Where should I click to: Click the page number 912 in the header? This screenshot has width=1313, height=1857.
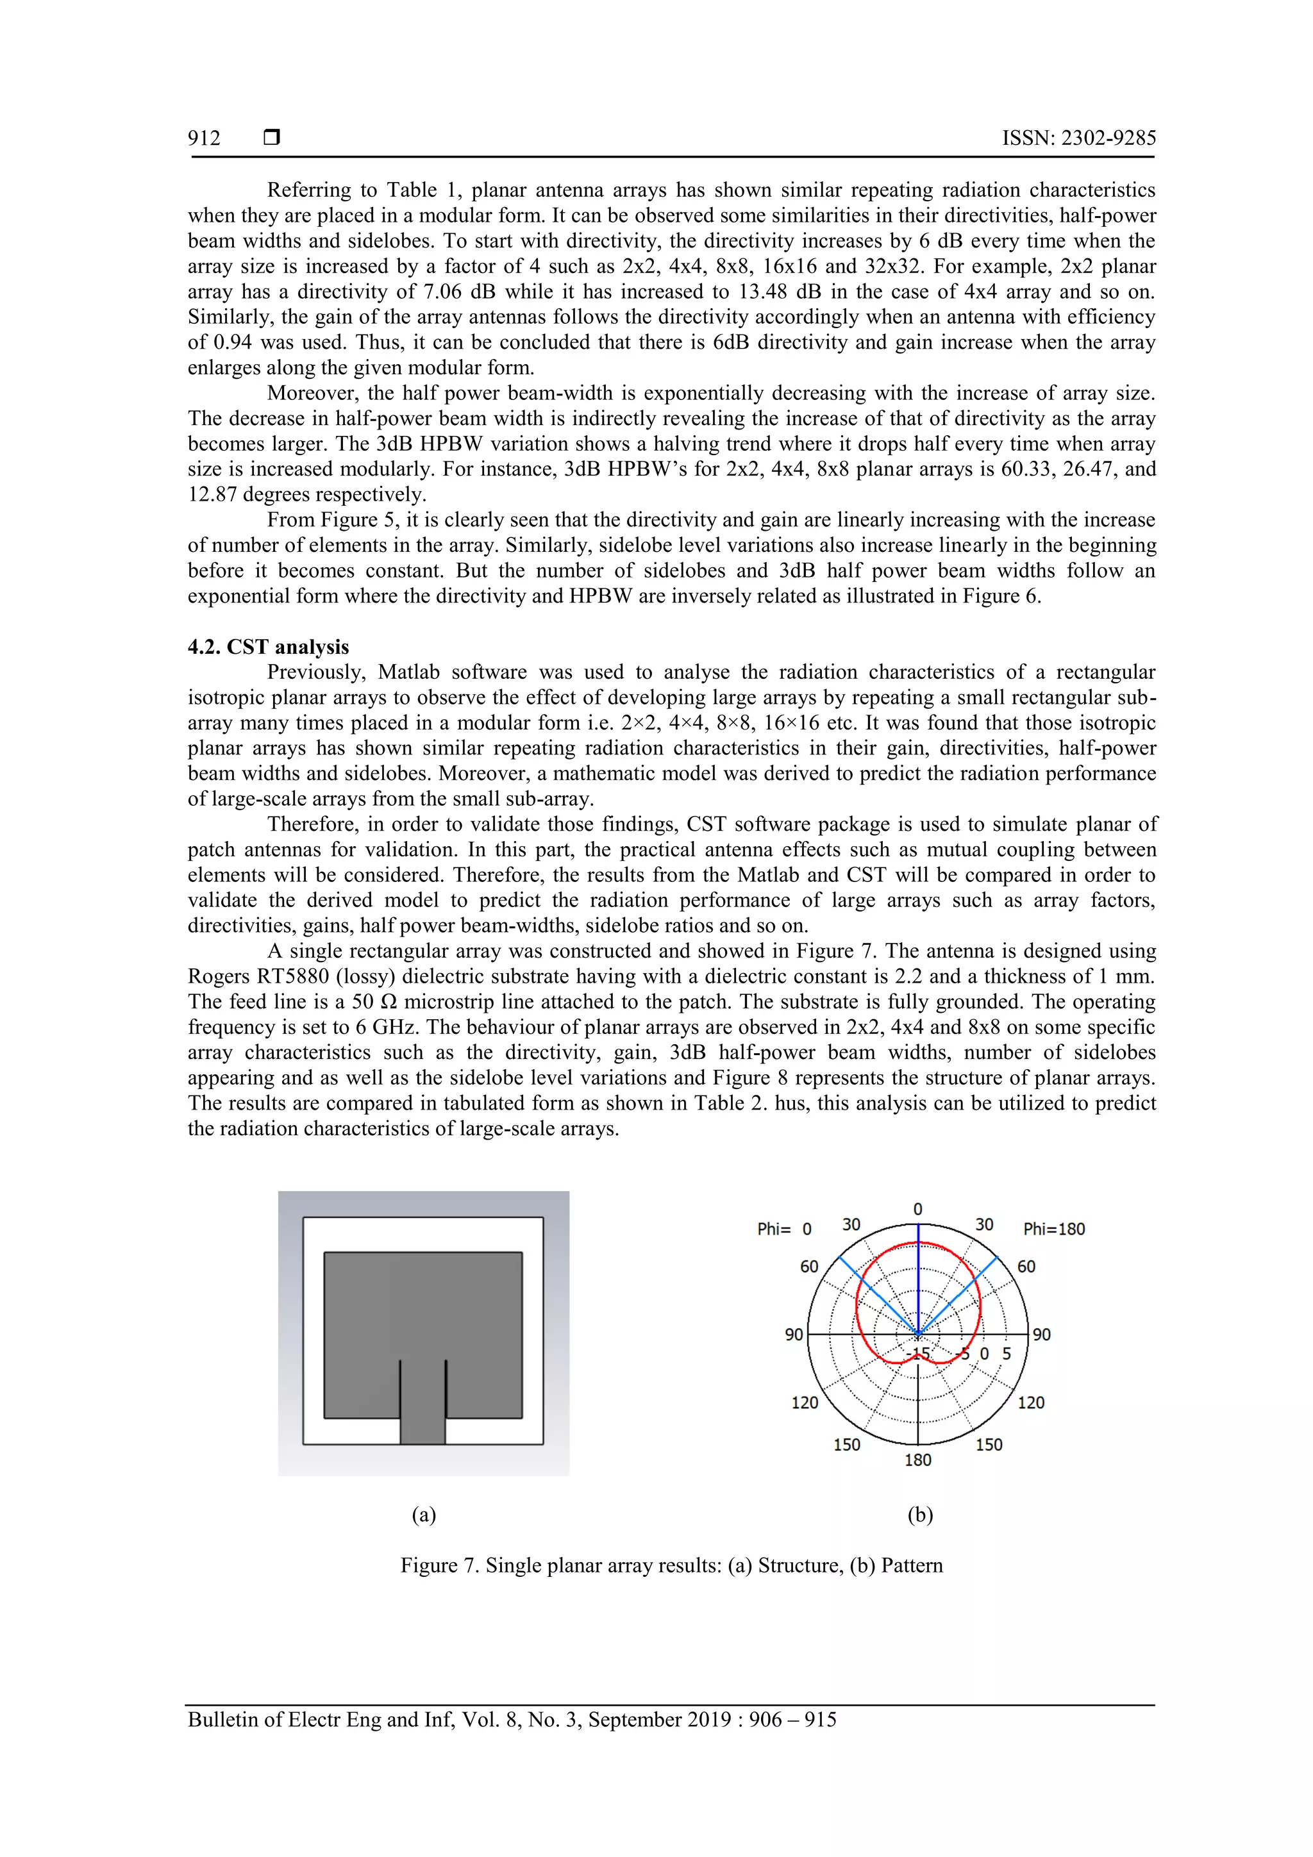204,138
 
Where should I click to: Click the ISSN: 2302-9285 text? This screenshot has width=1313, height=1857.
1078,138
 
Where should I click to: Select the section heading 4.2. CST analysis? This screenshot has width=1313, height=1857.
268,647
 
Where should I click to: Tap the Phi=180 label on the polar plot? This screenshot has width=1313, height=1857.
1053,1229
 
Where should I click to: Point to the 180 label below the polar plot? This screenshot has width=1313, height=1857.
917,1460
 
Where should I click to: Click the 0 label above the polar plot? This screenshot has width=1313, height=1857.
917,1209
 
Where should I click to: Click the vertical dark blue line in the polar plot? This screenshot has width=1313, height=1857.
918,1278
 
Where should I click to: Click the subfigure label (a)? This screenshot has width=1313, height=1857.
423,1515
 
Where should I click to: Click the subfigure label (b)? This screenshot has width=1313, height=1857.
920,1515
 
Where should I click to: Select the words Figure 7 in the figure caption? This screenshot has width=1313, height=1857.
439,1566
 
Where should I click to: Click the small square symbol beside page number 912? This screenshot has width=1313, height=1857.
272,137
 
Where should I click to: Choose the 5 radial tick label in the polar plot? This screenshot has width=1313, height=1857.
1007,1354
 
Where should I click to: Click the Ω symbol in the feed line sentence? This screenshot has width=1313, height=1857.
389,1002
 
